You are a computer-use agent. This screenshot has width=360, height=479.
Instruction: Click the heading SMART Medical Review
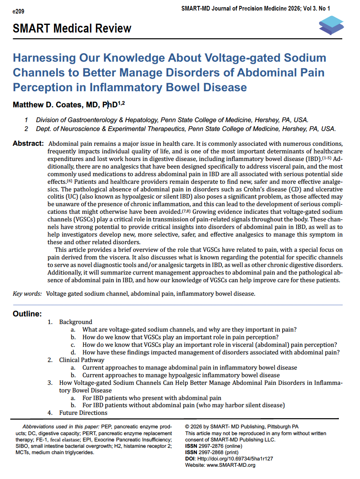click(72, 29)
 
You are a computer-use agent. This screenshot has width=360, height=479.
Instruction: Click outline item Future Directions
click(83, 413)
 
